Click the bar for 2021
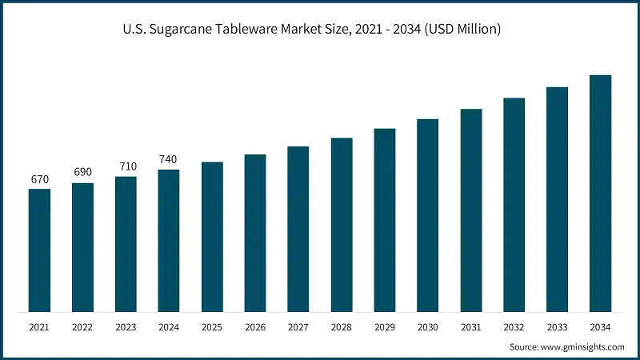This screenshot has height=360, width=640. (39, 250)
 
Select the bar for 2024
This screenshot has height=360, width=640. (169, 241)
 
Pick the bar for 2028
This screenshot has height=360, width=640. (342, 225)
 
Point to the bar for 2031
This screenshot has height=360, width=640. (471, 210)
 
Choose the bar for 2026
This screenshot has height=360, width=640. (255, 233)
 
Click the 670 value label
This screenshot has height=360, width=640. (39, 179)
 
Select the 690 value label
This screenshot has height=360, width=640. (82, 173)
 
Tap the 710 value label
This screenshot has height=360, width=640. (126, 166)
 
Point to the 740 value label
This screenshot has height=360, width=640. (169, 159)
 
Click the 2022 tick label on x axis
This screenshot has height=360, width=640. (82, 328)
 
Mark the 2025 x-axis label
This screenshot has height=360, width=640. (212, 328)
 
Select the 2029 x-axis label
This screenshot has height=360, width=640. (385, 328)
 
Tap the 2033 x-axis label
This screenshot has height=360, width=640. (557, 328)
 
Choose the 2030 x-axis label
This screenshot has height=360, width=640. (428, 328)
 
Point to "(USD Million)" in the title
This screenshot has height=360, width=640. (462, 30)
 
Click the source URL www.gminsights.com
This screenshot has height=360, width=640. (582, 346)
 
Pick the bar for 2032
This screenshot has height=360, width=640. (514, 205)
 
